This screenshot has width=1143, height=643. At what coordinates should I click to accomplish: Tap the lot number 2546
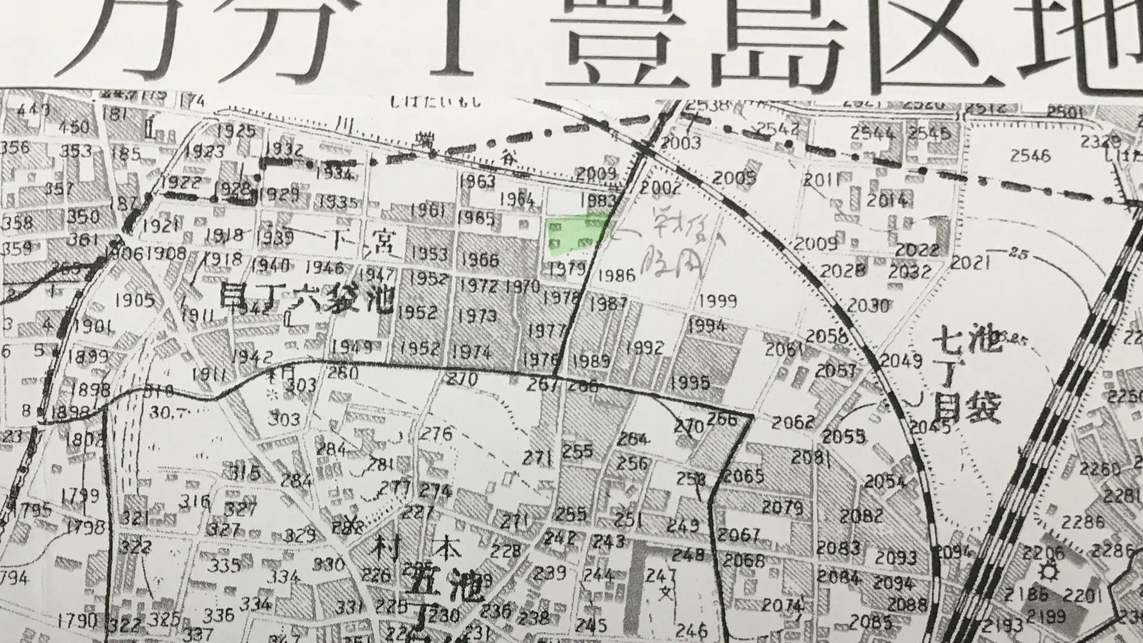1030,156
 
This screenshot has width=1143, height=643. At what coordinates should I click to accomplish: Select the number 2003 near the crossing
681,143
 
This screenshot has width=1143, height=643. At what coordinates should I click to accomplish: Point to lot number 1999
718,301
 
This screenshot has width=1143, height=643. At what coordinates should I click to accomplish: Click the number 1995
690,382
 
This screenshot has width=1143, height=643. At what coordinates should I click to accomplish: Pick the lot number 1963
477,181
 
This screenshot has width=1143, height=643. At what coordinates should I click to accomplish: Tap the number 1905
135,300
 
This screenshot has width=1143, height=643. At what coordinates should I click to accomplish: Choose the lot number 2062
792,422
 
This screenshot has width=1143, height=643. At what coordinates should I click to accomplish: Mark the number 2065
744,476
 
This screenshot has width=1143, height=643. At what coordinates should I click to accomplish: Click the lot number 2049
901,360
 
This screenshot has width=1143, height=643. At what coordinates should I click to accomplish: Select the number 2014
887,200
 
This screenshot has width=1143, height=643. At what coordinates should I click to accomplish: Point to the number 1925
236,130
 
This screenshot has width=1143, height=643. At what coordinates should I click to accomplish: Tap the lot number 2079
783,508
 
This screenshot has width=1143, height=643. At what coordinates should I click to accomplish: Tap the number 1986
616,275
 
